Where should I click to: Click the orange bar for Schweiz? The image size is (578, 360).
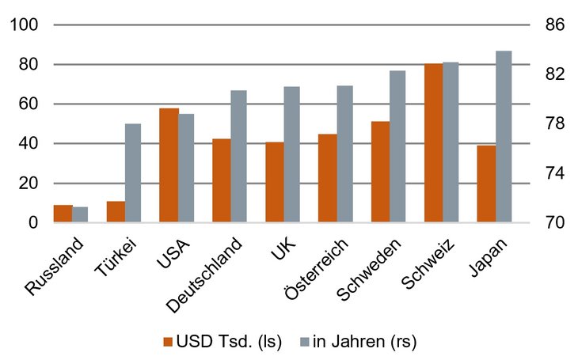[x=433, y=143]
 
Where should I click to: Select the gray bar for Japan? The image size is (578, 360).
[x=504, y=137]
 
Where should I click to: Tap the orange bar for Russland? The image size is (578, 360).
[x=63, y=214]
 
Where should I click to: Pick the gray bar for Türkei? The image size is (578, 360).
[x=133, y=173]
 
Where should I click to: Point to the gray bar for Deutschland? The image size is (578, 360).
[x=239, y=157]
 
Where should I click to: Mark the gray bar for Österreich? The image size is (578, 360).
[x=345, y=154]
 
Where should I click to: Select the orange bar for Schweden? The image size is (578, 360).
[x=380, y=172]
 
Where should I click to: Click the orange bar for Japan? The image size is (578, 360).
[x=486, y=184]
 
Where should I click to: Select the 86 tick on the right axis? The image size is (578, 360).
[x=554, y=25]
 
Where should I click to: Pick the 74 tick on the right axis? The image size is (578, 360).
[x=554, y=173]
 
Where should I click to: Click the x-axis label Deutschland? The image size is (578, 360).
[x=207, y=268]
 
